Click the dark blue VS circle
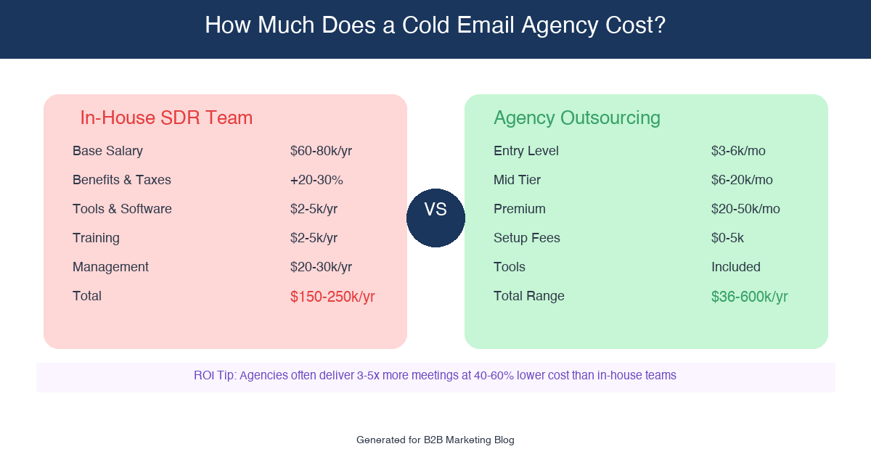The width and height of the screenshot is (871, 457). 435,218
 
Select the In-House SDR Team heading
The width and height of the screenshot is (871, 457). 166,118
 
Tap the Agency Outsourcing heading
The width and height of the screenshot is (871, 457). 576,118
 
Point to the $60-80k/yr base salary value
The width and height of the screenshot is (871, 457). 321,151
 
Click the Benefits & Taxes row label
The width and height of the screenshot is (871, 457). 122,180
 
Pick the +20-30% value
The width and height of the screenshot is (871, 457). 316,180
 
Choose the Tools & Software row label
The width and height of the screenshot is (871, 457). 122,209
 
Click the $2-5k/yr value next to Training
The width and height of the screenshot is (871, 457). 314,238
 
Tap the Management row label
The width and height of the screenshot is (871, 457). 110,267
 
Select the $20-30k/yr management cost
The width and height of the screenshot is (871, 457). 321,267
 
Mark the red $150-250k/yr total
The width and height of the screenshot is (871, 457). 332,297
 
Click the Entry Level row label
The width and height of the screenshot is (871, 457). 526,151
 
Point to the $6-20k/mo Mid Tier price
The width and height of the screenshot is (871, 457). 742,180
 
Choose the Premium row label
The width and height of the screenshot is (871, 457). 520,209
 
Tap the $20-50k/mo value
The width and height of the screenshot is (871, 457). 745,209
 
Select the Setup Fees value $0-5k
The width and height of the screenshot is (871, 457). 727,238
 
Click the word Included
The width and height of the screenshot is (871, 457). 736,267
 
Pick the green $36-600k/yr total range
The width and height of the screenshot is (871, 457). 749,297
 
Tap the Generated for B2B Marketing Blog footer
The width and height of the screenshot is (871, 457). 435,440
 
